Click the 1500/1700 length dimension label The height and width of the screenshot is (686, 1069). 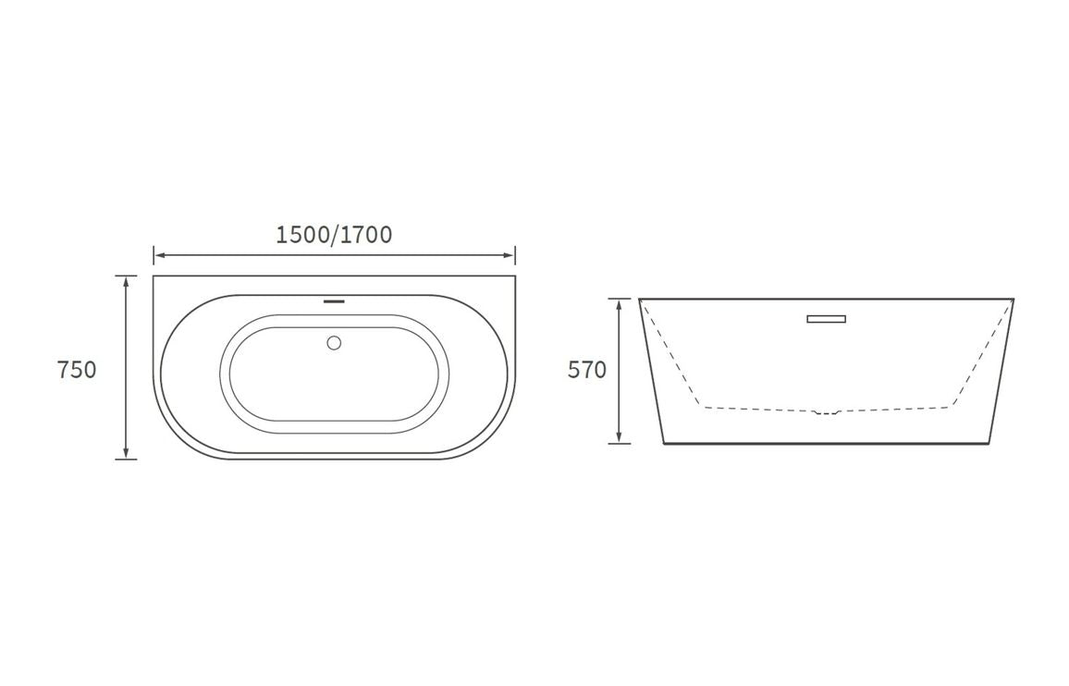coord(334,235)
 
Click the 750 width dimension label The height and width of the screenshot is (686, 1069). coord(77,370)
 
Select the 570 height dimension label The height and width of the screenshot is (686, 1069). coord(587,370)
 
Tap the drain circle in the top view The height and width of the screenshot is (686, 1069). coord(334,343)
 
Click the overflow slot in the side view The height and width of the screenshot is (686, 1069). coord(826,319)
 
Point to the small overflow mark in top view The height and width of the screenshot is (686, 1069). coord(334,300)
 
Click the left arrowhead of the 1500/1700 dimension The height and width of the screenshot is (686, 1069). coord(158,255)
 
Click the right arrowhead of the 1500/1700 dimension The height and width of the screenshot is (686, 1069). coord(510,255)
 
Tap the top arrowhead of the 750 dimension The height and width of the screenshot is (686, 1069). coord(127,280)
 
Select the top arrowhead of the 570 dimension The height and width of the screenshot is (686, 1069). coord(620,303)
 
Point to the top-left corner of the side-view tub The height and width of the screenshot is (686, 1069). coord(640,300)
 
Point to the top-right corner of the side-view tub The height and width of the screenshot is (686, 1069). coord(1014,300)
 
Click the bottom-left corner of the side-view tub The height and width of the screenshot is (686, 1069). coord(665,443)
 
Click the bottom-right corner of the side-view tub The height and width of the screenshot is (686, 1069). coord(989,443)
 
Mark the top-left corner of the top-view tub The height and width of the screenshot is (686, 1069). coord(154,276)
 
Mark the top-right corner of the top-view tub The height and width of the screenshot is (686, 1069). coord(515,276)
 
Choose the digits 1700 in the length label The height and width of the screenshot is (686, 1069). coord(366,235)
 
